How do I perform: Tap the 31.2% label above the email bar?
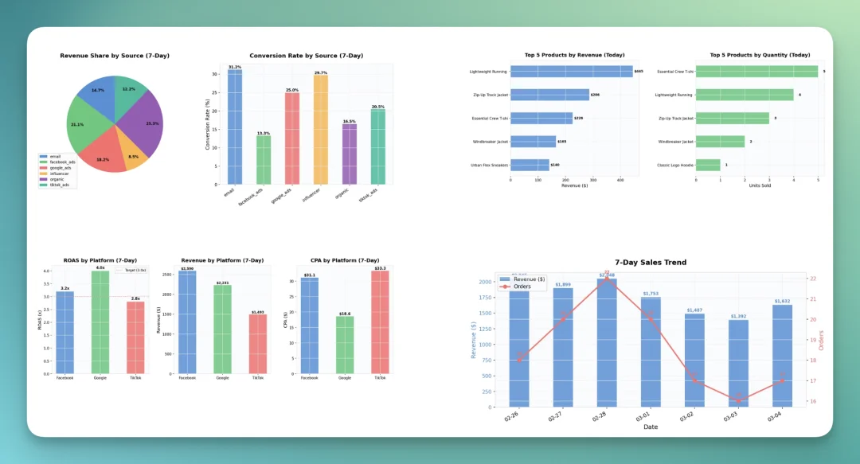point(235,67)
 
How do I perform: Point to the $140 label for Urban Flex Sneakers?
point(555,165)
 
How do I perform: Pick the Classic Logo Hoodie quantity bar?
point(708,165)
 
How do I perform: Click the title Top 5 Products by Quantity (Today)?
point(760,55)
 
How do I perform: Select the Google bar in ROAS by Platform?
point(100,322)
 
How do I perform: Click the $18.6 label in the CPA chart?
point(345,314)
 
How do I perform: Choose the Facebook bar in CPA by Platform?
point(310,326)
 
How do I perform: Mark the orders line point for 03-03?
point(738,398)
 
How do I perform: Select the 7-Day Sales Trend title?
point(651,263)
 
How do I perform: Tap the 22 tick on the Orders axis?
point(811,279)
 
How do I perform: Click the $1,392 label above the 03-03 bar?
point(738,317)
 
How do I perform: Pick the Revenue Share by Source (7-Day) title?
point(115,56)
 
